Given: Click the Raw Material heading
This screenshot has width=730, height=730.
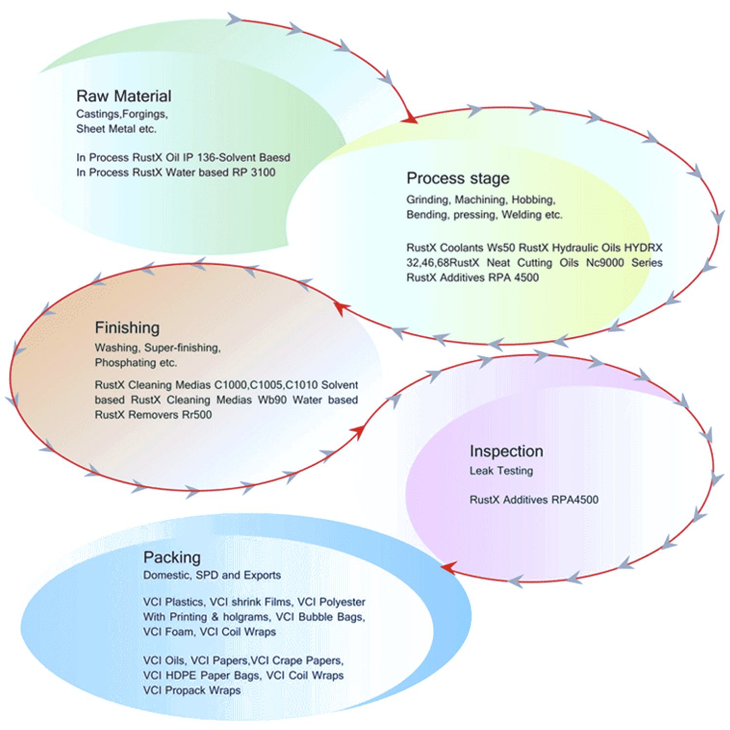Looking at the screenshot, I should pyautogui.click(x=124, y=96).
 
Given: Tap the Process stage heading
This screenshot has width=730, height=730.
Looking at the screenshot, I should pyautogui.click(x=458, y=179).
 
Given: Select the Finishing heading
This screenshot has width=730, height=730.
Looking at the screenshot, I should pyautogui.click(x=127, y=328).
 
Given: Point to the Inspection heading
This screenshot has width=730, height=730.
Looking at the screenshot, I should pyautogui.click(x=506, y=452).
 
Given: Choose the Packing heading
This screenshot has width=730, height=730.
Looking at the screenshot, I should pyautogui.click(x=172, y=558).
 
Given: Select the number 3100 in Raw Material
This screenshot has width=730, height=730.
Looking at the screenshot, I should pyautogui.click(x=263, y=173).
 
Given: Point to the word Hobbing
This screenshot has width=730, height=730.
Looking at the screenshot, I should pyautogui.click(x=533, y=200).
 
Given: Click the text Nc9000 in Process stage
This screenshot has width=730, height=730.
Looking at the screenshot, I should pyautogui.click(x=604, y=263).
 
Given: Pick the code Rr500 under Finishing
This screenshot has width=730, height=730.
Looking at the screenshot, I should pyautogui.click(x=197, y=415).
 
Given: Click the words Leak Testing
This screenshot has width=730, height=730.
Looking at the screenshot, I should pyautogui.click(x=501, y=471).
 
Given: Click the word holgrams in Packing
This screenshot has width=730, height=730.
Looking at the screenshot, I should pyautogui.click(x=246, y=617).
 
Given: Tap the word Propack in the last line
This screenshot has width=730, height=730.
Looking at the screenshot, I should pyautogui.click(x=185, y=691).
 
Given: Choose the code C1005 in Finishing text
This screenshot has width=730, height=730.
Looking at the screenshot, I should pyautogui.click(x=266, y=385).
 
